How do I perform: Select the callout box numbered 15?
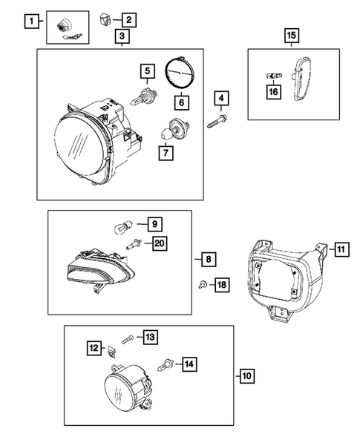pyautogui.click(x=291, y=34)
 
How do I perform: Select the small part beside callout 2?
pyautogui.click(x=105, y=17)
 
